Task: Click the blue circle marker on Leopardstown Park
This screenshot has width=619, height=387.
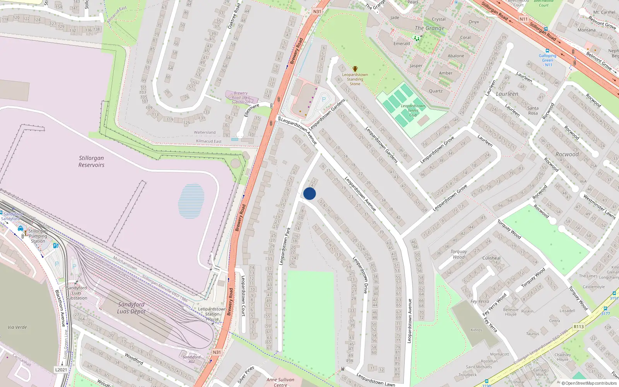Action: click(x=309, y=193)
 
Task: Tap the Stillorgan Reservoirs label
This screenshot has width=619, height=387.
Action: click(x=91, y=161)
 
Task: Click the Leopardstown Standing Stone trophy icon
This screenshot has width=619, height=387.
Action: click(x=355, y=69)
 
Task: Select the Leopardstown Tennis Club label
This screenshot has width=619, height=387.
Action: click(x=413, y=110)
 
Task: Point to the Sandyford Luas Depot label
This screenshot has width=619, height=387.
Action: click(x=132, y=308)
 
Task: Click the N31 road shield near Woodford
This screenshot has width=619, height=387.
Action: click(x=217, y=352)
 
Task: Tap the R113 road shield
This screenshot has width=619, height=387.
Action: click(x=578, y=327)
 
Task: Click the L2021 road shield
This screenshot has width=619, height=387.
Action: click(x=61, y=370)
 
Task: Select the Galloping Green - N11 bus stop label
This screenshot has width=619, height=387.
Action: click(x=547, y=60)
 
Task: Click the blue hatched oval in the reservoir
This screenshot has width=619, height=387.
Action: click(x=191, y=201)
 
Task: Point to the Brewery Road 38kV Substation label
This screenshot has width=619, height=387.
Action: click(x=240, y=98)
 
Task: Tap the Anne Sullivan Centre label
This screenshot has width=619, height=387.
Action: click(x=280, y=382)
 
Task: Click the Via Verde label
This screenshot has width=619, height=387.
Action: click(x=17, y=327)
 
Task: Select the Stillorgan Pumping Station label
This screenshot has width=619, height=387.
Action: click(x=38, y=236)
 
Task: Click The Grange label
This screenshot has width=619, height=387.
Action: click(x=429, y=28)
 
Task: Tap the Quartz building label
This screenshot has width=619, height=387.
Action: click(x=436, y=91)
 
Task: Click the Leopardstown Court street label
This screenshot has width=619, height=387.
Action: click(x=243, y=296)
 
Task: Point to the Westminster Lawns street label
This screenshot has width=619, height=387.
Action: click(x=599, y=207)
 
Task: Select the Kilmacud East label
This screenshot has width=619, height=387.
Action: click(x=209, y=141)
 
